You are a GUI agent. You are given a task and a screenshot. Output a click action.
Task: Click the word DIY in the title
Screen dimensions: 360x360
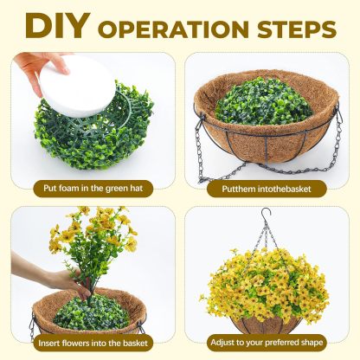pos(56,26)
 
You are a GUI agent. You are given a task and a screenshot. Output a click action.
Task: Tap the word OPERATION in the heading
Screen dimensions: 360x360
pos(173,29)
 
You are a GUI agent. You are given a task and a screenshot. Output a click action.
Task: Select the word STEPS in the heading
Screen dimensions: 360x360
pos(297,29)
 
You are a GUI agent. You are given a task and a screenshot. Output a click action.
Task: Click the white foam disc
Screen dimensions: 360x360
pos(77,87)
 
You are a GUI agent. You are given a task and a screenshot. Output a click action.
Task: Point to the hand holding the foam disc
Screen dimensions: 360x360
pos(42,69)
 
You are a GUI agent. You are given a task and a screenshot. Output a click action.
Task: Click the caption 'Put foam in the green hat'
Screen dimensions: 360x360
pos(93,189)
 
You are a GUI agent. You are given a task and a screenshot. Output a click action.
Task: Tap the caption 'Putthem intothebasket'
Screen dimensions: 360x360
pos(267,189)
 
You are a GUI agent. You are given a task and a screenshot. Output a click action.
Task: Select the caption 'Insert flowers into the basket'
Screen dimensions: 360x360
pos(93,343)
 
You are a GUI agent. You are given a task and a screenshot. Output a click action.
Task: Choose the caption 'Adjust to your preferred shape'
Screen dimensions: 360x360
pos(267,343)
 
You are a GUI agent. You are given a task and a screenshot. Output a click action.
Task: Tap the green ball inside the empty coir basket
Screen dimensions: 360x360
pos(263,101)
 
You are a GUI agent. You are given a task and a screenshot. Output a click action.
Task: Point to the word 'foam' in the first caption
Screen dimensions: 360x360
pos(69,188)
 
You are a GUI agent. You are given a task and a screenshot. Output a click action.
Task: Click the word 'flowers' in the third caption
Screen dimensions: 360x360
pos(75,343)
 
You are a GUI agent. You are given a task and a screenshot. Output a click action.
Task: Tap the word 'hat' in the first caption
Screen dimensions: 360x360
pos(137,188)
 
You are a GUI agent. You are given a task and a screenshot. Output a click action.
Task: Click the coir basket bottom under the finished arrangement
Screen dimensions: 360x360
pos(266,325)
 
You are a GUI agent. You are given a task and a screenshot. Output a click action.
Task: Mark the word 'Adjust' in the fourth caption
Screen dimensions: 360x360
pos(222,343)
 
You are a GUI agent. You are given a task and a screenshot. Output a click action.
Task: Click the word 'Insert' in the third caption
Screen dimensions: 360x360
pos(48,343)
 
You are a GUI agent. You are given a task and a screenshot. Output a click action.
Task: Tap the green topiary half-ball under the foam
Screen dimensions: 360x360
pos(93,130)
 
